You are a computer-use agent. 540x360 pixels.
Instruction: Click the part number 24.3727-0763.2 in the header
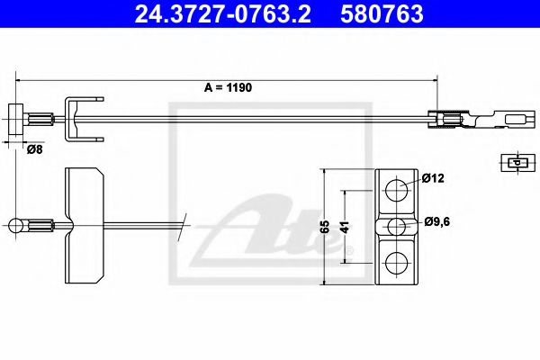(222, 13)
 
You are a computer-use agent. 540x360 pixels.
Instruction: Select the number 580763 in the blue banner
(382, 13)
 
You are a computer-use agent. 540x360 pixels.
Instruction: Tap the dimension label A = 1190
(228, 87)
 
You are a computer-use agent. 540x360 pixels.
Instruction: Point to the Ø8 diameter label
(34, 149)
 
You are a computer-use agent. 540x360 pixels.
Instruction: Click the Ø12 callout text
(433, 178)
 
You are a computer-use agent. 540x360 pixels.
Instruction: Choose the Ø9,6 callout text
(437, 221)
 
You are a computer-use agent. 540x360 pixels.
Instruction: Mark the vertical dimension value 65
(325, 227)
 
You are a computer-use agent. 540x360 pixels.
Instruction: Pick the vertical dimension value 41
(346, 227)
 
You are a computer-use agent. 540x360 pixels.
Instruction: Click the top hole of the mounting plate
(396, 190)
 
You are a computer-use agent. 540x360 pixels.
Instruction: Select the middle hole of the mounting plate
(396, 227)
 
